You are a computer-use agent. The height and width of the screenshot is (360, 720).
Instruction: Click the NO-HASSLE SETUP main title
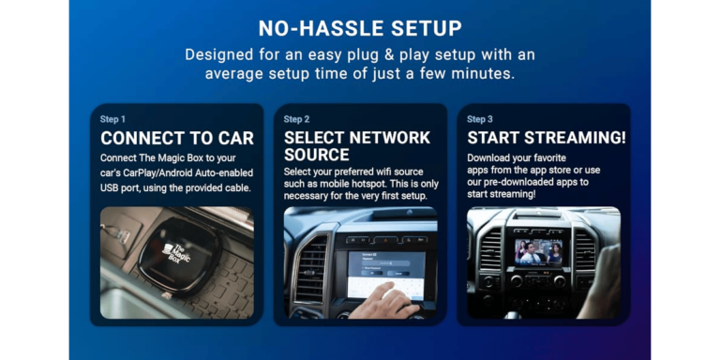click(360, 27)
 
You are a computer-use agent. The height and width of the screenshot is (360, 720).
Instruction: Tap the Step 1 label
click(112, 119)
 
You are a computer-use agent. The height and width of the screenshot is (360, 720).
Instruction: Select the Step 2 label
click(296, 119)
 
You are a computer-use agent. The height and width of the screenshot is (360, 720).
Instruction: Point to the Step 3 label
click(479, 119)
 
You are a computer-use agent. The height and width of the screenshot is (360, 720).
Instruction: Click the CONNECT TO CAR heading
click(177, 139)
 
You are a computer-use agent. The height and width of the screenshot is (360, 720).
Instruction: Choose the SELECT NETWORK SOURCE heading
click(357, 146)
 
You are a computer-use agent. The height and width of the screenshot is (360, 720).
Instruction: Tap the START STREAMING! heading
click(547, 139)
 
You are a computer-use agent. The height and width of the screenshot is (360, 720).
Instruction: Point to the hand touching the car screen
click(387, 300)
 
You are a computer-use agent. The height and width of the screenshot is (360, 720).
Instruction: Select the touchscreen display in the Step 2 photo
click(385, 272)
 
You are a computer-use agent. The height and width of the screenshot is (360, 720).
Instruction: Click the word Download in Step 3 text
click(490, 157)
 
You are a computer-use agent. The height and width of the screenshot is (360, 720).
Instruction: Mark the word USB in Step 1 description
click(112, 188)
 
